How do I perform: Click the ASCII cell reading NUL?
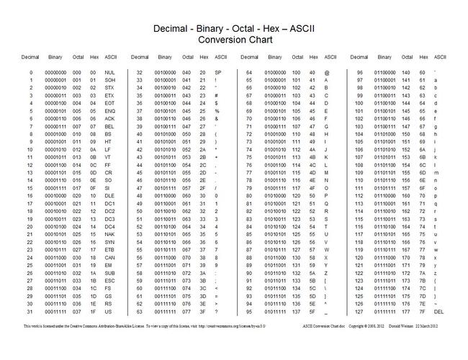(x=109, y=73)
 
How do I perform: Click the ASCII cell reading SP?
(x=217, y=73)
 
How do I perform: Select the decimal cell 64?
(x=248, y=73)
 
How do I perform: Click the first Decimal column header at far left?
(x=30, y=55)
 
